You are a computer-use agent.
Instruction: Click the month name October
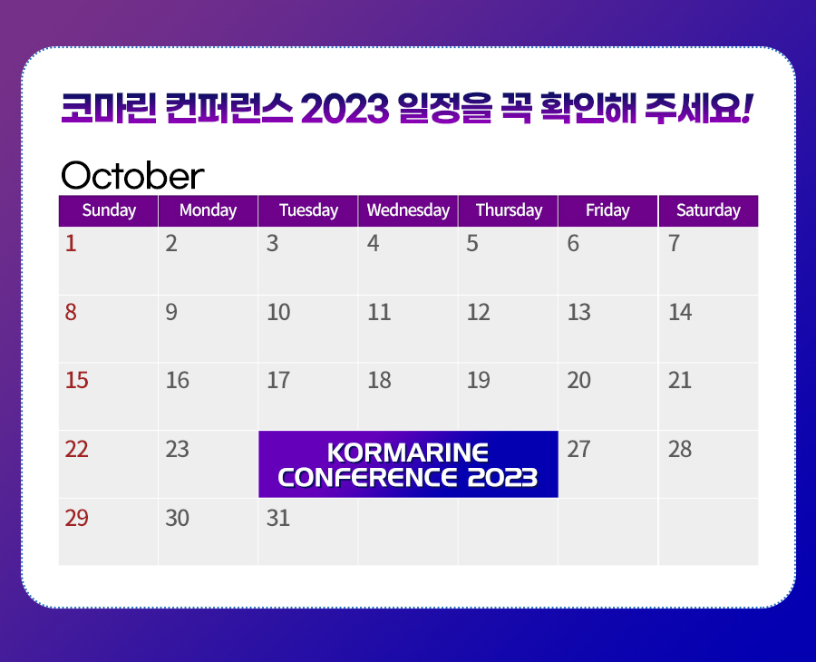coord(132,175)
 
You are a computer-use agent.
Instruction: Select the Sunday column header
coord(109,210)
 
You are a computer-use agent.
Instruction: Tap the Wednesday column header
coord(409,210)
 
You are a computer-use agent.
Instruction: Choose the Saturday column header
coord(708,210)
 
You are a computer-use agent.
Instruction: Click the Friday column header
coord(607,210)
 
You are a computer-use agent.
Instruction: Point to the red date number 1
coord(71,244)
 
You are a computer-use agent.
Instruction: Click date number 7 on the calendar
coord(674,244)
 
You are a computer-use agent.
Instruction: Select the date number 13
coord(578,312)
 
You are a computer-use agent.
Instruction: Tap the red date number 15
coord(76,381)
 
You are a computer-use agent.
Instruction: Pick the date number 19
coord(478,381)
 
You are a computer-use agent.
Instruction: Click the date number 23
coord(177,449)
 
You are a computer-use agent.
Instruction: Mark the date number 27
coord(578,449)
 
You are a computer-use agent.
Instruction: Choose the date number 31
coord(278,519)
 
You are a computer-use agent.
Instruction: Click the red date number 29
coord(76,519)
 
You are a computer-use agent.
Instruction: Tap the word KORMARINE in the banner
coord(408,453)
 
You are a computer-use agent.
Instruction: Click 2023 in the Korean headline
coord(345,108)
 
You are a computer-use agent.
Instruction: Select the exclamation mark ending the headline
coord(746,108)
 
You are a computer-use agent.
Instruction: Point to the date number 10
coord(278,312)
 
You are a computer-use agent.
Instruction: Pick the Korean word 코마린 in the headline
coord(109,108)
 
